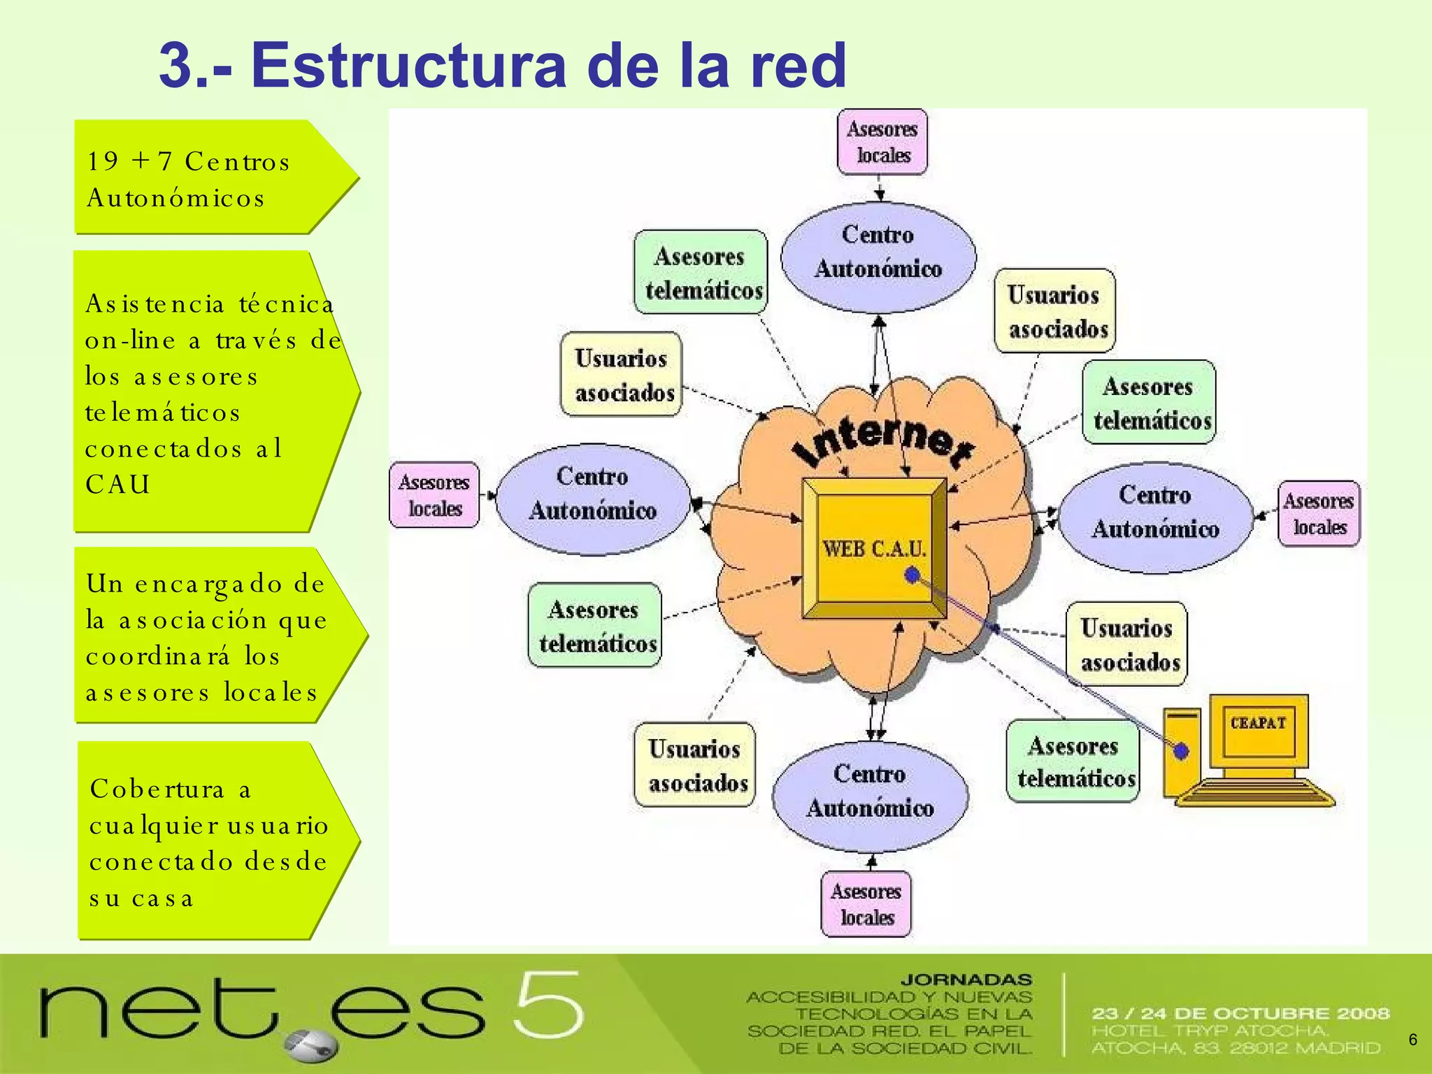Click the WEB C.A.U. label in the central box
(x=874, y=549)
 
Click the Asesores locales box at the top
(x=882, y=142)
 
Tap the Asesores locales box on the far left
(x=434, y=495)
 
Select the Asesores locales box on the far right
(x=1319, y=513)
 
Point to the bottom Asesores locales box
(x=866, y=903)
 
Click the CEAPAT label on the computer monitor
(x=1258, y=723)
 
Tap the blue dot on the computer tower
(x=1181, y=751)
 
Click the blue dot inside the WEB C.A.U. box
(x=912, y=575)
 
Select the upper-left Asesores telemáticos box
(x=701, y=273)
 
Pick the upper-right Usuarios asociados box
(x=1055, y=311)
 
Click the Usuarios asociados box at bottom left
(x=696, y=765)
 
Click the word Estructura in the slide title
(x=408, y=65)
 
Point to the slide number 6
(x=1412, y=1040)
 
